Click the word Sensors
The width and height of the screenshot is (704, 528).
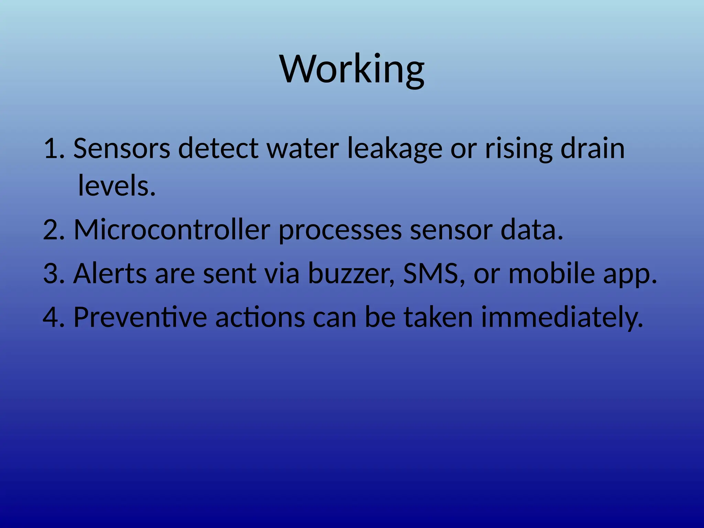coord(122,148)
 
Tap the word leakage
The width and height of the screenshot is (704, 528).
coord(395,148)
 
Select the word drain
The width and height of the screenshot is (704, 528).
coord(592,148)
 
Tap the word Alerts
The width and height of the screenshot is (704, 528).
coord(110,273)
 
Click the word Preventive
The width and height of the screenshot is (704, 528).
coord(140,317)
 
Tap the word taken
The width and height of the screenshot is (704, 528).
coord(438,317)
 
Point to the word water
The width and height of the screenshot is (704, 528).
coord(303,148)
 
